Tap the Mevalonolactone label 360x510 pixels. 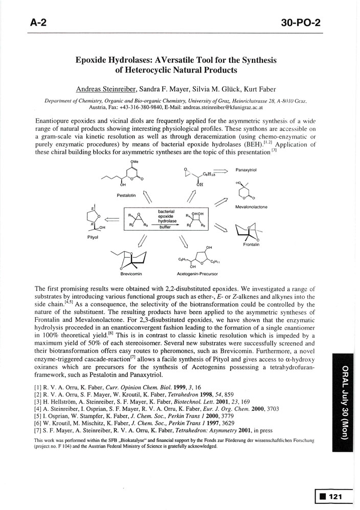(x=251, y=207)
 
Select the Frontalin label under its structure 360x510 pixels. (x=251, y=245)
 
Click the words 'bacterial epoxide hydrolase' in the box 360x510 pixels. (x=166, y=216)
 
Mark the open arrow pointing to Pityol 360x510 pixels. (x=112, y=219)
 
